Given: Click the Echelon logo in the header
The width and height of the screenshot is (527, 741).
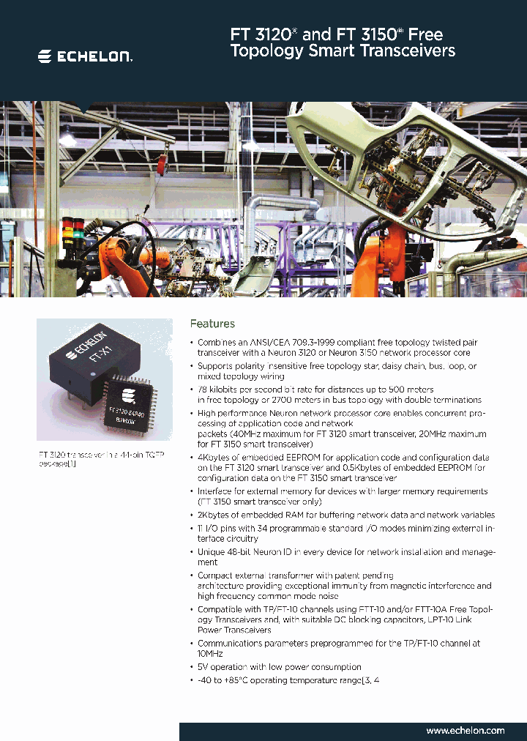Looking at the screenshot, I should tap(85, 56).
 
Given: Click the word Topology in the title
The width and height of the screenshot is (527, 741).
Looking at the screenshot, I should tap(263, 51).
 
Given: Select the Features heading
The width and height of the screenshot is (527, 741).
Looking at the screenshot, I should tap(212, 324).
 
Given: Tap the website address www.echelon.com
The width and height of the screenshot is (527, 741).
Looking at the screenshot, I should tap(465, 730).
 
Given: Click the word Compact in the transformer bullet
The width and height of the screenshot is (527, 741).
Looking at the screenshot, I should tap(217, 576).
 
